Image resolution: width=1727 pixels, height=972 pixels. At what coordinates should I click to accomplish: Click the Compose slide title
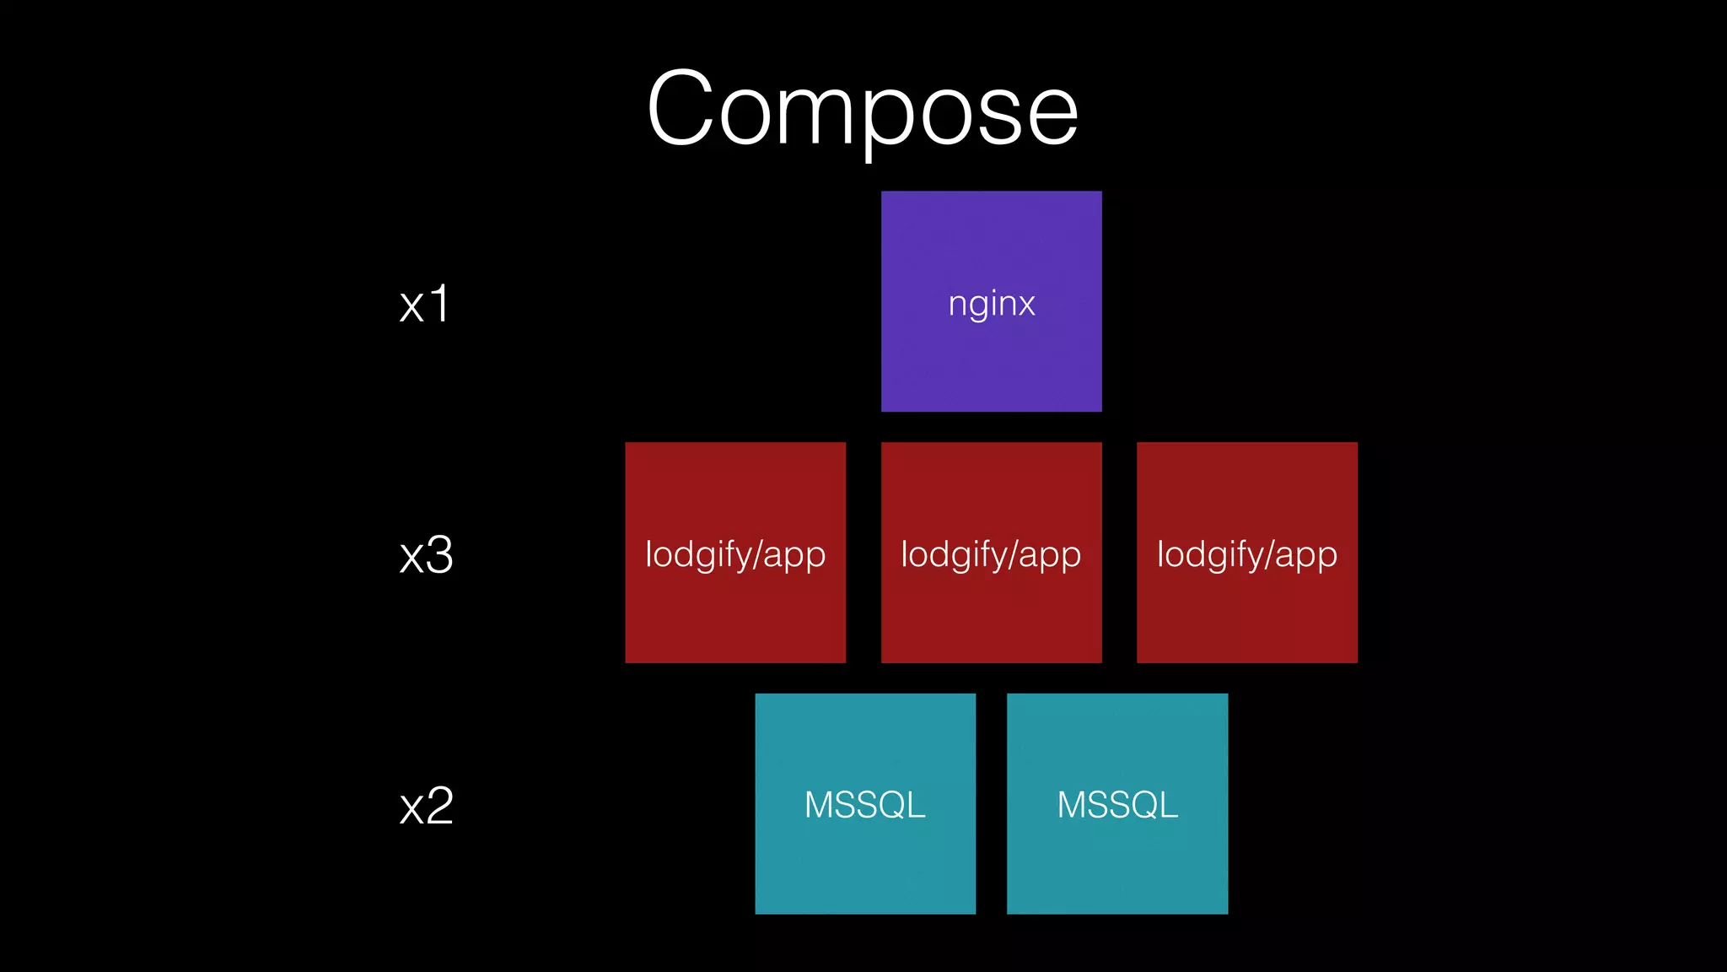[863, 110]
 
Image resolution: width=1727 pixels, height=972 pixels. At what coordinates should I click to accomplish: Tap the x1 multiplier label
[424, 305]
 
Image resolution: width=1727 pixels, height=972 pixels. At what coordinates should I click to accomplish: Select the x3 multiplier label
[426, 555]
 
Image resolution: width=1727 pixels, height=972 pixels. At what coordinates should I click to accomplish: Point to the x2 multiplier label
[426, 806]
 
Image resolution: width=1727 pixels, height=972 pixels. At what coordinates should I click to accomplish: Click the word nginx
[991, 304]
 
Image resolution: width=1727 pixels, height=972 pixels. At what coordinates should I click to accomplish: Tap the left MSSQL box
[865, 861]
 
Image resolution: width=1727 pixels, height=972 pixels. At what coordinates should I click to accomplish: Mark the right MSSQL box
[1117, 861]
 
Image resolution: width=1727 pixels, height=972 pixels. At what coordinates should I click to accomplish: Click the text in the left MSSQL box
[865, 805]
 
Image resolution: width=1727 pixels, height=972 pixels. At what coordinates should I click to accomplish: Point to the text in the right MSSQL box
[1117, 805]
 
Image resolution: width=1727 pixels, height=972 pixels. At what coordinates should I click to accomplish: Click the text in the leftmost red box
[735, 555]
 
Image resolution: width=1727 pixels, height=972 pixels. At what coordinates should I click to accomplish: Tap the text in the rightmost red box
[1246, 555]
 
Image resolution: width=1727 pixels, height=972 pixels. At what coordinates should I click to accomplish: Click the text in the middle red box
[991, 555]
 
